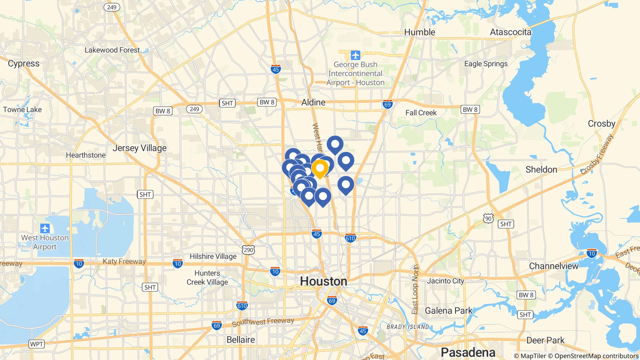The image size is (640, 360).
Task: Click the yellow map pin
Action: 320,168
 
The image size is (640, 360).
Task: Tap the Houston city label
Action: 323,282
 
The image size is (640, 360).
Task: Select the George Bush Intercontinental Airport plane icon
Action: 355,56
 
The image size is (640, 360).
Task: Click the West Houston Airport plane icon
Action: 45,228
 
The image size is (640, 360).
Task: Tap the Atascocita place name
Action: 510,32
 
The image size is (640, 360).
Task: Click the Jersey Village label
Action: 139,148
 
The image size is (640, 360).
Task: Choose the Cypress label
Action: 24,63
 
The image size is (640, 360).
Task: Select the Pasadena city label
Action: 468,352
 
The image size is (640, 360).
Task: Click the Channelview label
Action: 553,266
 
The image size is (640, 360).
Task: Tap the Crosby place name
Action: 601,123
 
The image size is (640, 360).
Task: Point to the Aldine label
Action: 313,102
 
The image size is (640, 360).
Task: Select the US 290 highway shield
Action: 248,249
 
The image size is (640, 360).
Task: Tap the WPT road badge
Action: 37,344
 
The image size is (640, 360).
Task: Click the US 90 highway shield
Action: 488,218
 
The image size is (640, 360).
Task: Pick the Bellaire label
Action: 241,340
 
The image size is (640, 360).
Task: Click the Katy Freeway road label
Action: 124,262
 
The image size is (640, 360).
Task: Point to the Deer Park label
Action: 545,340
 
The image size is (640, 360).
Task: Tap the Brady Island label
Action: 407,327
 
